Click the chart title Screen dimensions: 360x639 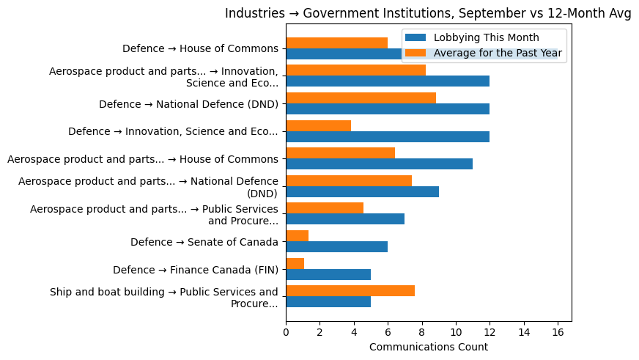428,13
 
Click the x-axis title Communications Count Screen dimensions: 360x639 428,347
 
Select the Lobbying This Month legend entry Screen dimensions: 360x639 486,37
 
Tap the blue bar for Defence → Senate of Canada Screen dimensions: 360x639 336,247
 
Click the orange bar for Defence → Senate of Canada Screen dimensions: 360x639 297,236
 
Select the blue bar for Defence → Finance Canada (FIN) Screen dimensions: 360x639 328,275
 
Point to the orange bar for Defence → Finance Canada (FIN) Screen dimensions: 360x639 295,264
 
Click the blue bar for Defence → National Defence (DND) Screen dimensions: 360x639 388,109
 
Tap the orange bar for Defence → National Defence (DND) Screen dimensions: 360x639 361,98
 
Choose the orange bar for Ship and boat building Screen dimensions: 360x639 350,291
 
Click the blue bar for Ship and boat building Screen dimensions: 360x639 328,302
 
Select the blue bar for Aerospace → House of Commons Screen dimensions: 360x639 379,164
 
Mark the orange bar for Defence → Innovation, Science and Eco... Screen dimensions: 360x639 318,125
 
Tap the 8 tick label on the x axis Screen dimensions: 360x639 422,332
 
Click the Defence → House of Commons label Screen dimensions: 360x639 200,48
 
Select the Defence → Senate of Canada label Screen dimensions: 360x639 204,242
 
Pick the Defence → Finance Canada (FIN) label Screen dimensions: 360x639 195,270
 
